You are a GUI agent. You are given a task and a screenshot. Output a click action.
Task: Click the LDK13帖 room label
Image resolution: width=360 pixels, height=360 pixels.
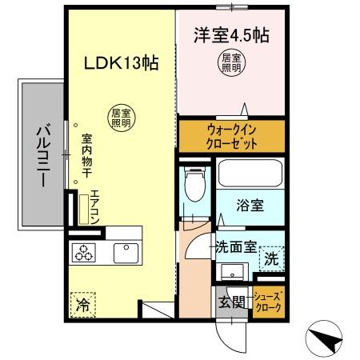pyautogui.click(x=122, y=63)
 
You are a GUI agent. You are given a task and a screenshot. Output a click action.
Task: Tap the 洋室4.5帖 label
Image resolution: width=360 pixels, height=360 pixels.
pyautogui.click(x=231, y=35)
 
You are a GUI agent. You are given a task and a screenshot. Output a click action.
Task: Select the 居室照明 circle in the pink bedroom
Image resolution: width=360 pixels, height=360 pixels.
pyautogui.click(x=231, y=63)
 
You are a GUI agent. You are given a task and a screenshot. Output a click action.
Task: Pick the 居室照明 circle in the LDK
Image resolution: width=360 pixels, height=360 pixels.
pyautogui.click(x=122, y=118)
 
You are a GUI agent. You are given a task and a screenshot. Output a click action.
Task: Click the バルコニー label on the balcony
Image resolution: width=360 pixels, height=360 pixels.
pyautogui.click(x=43, y=156)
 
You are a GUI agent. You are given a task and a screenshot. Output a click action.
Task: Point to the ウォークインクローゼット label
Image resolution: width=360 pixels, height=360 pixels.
pyautogui.click(x=231, y=137)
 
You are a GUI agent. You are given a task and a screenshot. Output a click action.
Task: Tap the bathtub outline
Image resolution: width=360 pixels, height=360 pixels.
pyautogui.click(x=250, y=174)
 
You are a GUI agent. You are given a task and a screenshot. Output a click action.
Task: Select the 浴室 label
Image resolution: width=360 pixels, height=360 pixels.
pyautogui.click(x=250, y=206)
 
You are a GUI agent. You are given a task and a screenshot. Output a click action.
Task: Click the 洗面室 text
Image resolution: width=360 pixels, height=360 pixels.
pyautogui.click(x=236, y=247)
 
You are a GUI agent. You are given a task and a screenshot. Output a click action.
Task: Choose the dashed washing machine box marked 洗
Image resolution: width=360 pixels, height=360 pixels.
pyautogui.click(x=271, y=258)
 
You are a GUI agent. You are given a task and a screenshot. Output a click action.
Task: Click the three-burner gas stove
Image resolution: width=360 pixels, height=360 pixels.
pyautogui.click(x=83, y=253)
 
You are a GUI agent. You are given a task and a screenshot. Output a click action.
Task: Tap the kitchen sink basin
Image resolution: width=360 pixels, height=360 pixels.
pyautogui.click(x=126, y=253)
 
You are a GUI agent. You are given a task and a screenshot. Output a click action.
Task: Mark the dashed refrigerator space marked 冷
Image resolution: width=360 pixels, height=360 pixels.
pyautogui.click(x=83, y=305)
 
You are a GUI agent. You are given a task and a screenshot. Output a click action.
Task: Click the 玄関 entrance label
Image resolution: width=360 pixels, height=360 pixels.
pyautogui.click(x=232, y=302)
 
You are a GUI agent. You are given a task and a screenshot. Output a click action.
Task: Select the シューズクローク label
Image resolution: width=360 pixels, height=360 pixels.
pyautogui.click(x=268, y=302)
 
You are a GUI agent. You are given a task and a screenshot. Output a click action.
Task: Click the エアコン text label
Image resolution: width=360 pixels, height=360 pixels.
pyautogui.click(x=94, y=207)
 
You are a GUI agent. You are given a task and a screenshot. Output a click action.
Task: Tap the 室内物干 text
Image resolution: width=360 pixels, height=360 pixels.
pyautogui.click(x=86, y=155)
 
